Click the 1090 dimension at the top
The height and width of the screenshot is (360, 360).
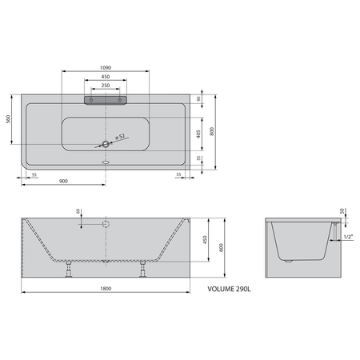pyautogui.click(x=105, y=66)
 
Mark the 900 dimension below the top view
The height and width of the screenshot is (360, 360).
pyautogui.click(x=63, y=182)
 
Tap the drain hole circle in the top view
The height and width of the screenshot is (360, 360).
pyautogui.click(x=105, y=145)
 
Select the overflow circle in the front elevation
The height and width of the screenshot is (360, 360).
pyautogui.click(x=105, y=222)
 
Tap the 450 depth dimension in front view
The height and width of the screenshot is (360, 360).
pyautogui.click(x=205, y=239)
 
